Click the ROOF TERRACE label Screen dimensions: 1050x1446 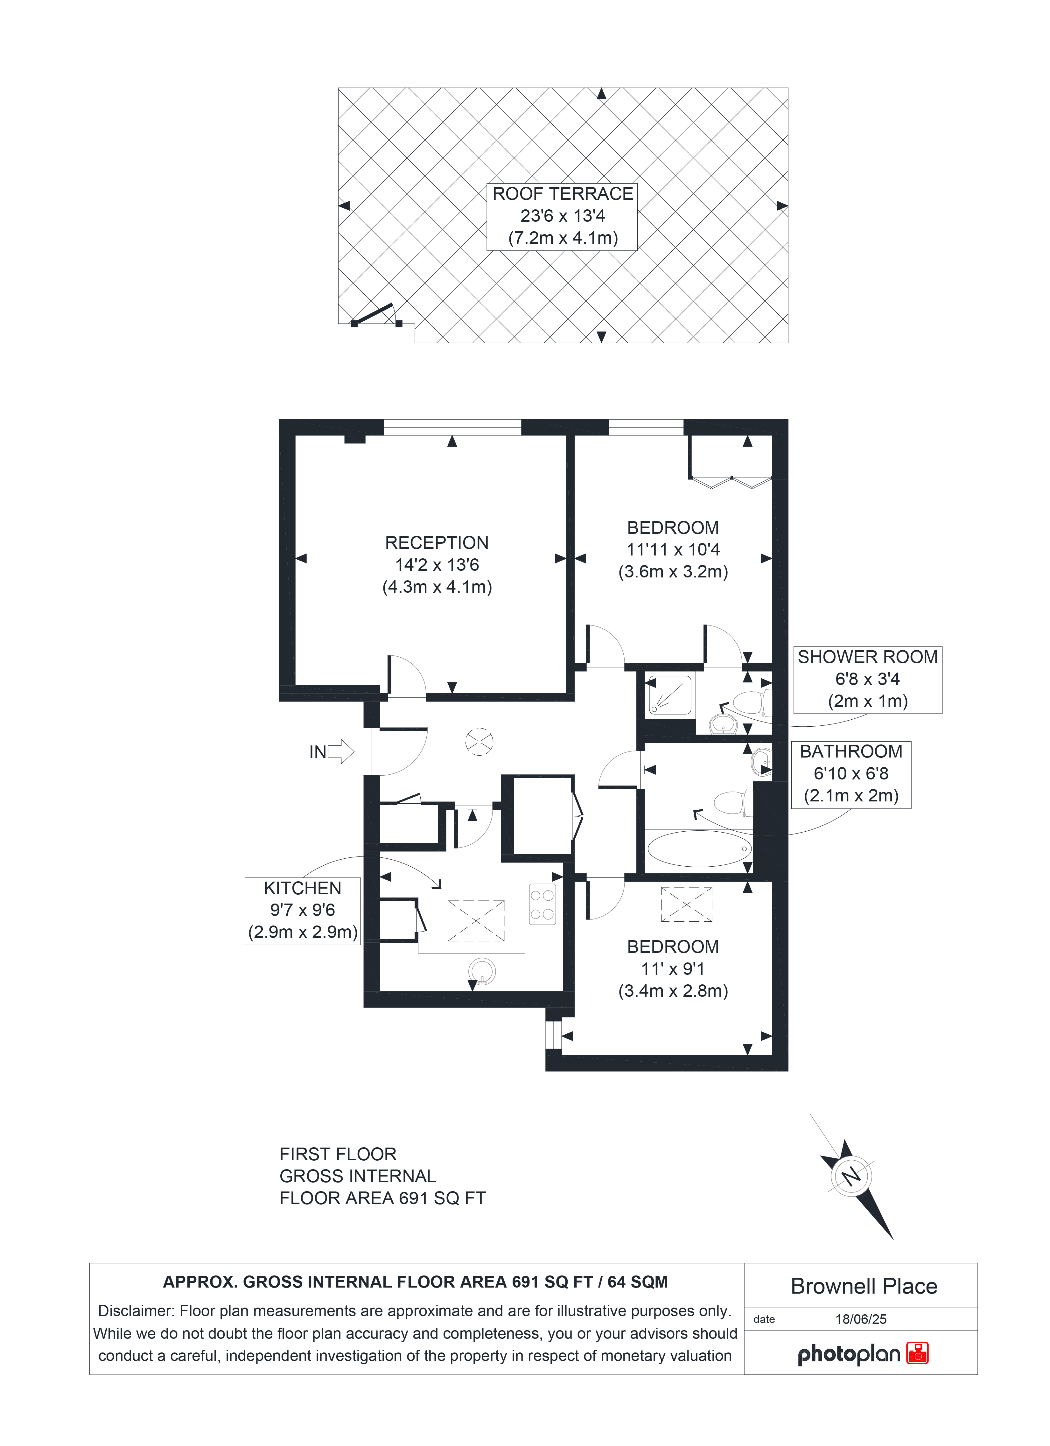[x=562, y=194]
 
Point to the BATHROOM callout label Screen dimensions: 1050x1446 [x=851, y=752]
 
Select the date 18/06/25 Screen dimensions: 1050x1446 [x=861, y=1319]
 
